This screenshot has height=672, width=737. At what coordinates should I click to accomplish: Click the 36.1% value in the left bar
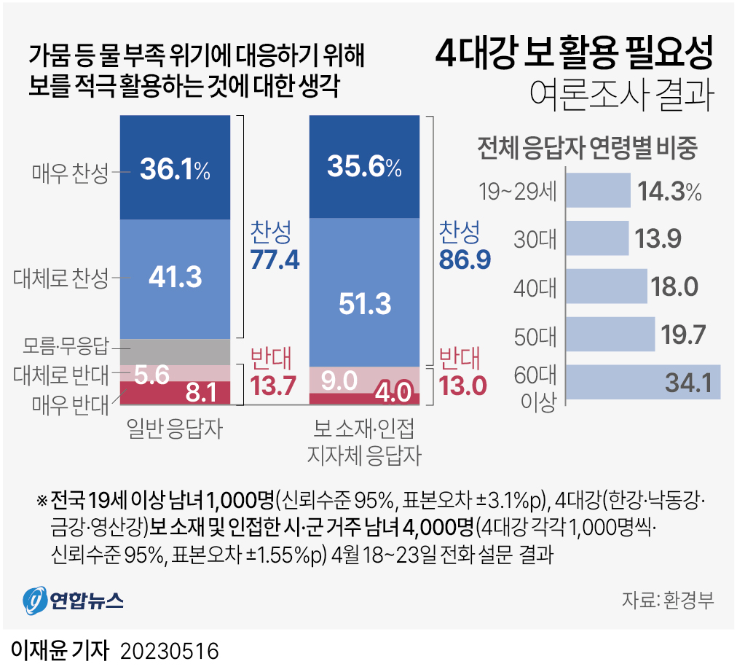tap(175, 170)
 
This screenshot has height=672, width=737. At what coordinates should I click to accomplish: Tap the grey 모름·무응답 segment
tap(175, 351)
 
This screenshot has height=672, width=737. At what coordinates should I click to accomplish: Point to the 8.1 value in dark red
tap(200, 394)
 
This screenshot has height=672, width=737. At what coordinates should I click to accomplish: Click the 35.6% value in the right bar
tap(364, 168)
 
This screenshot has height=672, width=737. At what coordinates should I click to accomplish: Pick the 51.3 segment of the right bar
tap(364, 303)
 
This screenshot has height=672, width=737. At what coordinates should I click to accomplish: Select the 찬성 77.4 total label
tap(275, 246)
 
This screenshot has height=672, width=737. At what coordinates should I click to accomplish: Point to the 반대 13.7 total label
tap(275, 372)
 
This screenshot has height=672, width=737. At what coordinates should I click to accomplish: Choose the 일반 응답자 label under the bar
tap(174, 429)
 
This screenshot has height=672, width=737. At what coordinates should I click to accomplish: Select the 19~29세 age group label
tap(517, 192)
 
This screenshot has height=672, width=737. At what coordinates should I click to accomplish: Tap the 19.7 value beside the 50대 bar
tap(684, 335)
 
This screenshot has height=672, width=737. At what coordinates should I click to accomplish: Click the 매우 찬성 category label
tap(70, 173)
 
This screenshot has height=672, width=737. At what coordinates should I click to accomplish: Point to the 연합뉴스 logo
tap(73, 600)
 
